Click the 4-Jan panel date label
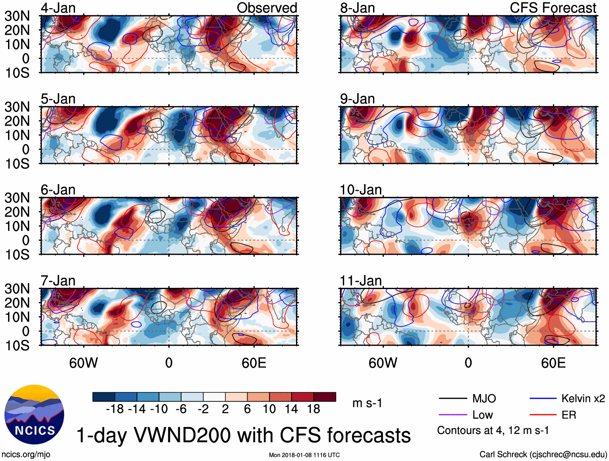click(58, 8)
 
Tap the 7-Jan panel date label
click(58, 280)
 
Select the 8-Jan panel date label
click(357, 8)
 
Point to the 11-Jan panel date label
click(361, 280)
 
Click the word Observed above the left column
click(267, 8)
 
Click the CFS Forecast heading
click(553, 8)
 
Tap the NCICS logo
click(34, 415)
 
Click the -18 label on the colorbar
click(115, 409)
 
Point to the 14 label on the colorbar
click(291, 409)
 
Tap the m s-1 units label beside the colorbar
click(367, 403)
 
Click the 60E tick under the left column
click(254, 363)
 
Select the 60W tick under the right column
click(383, 363)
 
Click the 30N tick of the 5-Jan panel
click(17, 107)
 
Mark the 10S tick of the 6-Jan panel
click(17, 254)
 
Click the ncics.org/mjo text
click(26, 454)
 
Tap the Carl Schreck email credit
click(543, 454)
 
